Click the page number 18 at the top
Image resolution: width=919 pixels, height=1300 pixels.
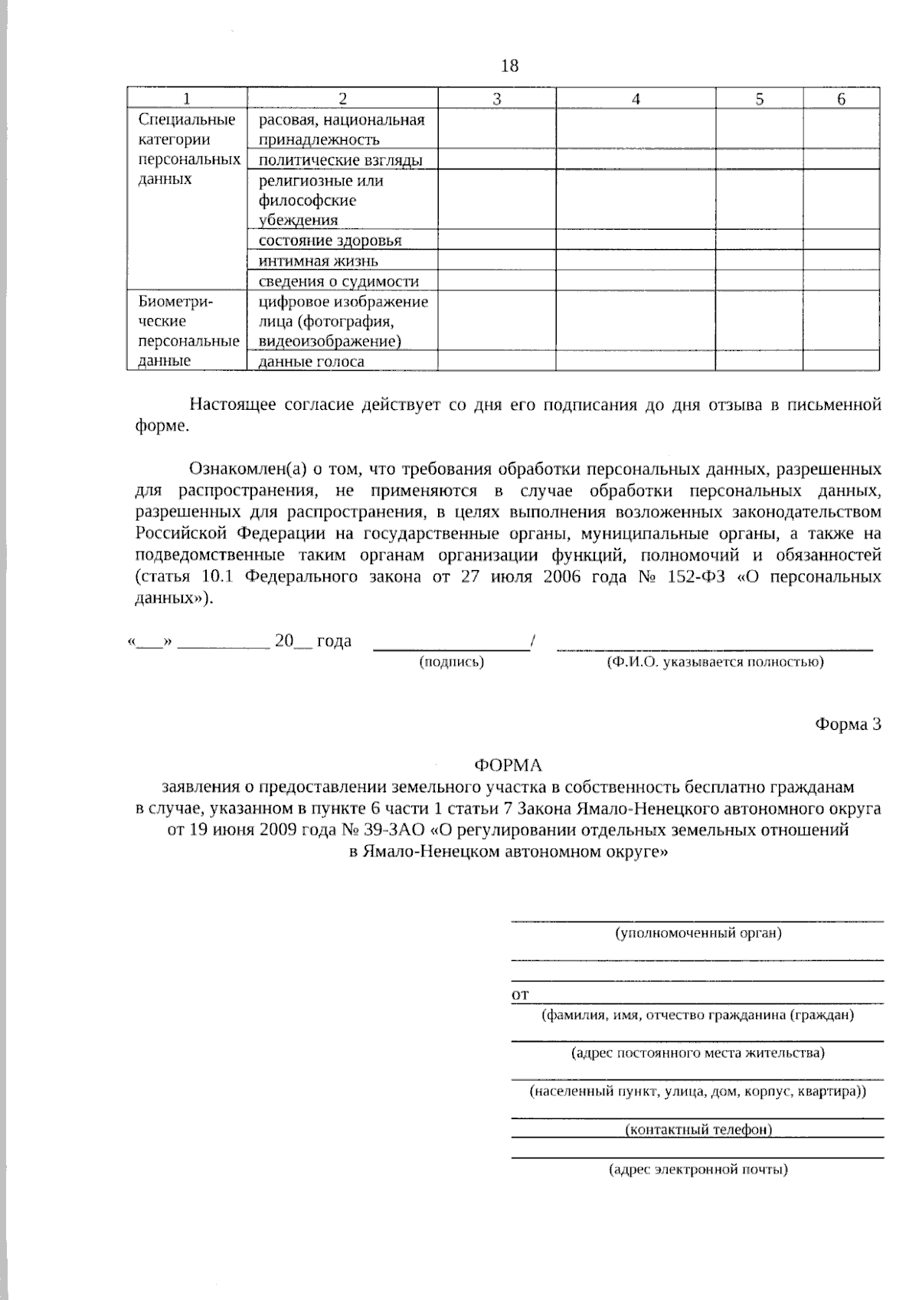point(509,66)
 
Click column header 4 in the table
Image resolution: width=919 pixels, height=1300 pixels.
point(636,99)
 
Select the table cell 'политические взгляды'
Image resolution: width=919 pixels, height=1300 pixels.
point(341,160)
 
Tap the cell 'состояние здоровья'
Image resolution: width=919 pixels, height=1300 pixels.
point(330,241)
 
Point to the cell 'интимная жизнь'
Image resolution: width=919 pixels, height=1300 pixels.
point(318,260)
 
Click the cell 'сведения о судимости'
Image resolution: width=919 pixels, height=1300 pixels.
point(338,281)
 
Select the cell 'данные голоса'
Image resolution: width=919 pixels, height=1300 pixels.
point(311,362)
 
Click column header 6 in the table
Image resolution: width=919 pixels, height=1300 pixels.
point(841,99)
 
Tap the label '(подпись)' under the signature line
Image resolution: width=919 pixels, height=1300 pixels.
point(452,662)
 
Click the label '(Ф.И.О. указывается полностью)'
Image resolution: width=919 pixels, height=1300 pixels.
point(715,662)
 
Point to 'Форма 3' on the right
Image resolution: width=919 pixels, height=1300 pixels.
point(848,725)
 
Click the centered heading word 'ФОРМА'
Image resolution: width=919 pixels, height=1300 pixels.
point(508,765)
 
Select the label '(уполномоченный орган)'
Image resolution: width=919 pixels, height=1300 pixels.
point(698,933)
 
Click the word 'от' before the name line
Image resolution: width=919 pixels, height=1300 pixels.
point(519,995)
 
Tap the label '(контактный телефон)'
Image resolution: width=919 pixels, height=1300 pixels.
point(698,1129)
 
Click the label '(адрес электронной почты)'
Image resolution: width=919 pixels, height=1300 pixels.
point(698,1170)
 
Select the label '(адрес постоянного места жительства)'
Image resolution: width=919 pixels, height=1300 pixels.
point(698,1053)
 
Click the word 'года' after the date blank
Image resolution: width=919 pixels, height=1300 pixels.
point(334,641)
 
